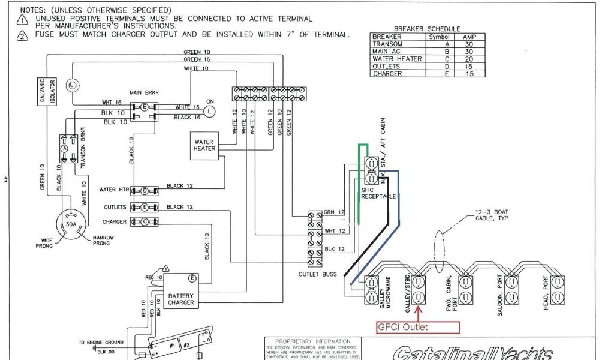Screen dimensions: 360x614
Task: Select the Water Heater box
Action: tap(204, 145)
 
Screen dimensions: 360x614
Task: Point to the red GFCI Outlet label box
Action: tap(417, 327)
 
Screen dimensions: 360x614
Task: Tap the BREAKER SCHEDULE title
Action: tap(427, 29)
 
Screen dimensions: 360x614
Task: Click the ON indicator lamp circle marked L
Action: tap(209, 111)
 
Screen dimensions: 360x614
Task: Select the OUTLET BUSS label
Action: tap(317, 274)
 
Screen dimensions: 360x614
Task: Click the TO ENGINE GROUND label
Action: tap(101, 343)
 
